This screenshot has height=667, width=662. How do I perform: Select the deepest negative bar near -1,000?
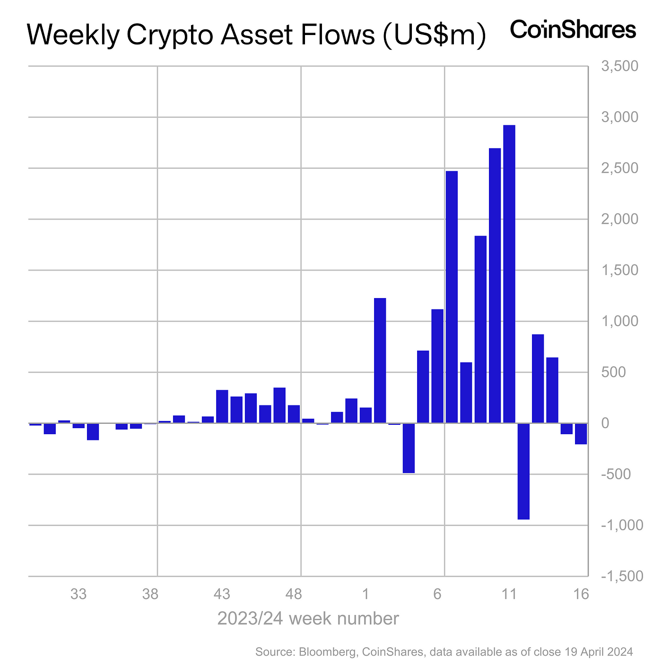point(523,471)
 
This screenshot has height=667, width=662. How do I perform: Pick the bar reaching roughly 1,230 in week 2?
point(380,360)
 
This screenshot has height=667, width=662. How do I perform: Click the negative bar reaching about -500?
point(409,448)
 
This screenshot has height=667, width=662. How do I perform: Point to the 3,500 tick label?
point(619,66)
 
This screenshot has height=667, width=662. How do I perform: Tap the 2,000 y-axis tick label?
point(619,219)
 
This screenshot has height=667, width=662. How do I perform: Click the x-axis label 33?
point(78,594)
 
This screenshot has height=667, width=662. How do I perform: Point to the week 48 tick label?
point(294,594)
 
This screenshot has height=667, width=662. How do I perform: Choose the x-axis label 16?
point(582,594)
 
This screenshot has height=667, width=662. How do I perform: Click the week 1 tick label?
point(366,594)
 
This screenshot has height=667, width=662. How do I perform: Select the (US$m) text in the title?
point(434,36)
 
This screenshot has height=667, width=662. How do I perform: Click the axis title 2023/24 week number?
point(308,618)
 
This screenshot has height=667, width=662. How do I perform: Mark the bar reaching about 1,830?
point(480,329)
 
